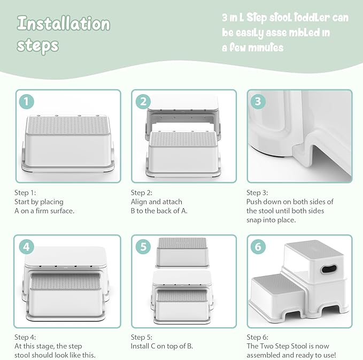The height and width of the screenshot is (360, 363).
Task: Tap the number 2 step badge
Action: [142, 101]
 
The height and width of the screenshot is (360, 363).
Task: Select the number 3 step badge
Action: [258, 101]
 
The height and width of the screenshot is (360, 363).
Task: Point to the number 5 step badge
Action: [142, 247]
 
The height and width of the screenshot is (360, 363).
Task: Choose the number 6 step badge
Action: [258, 247]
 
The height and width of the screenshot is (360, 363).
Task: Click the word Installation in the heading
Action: [63, 24]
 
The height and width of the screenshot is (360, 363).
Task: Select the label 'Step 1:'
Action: [26, 192]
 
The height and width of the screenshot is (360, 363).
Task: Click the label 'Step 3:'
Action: [258, 192]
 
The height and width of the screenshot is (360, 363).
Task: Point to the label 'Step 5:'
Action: [142, 337]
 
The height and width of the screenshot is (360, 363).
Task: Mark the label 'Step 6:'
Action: [258, 337]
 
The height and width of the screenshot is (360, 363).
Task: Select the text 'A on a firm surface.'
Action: [44, 210]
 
